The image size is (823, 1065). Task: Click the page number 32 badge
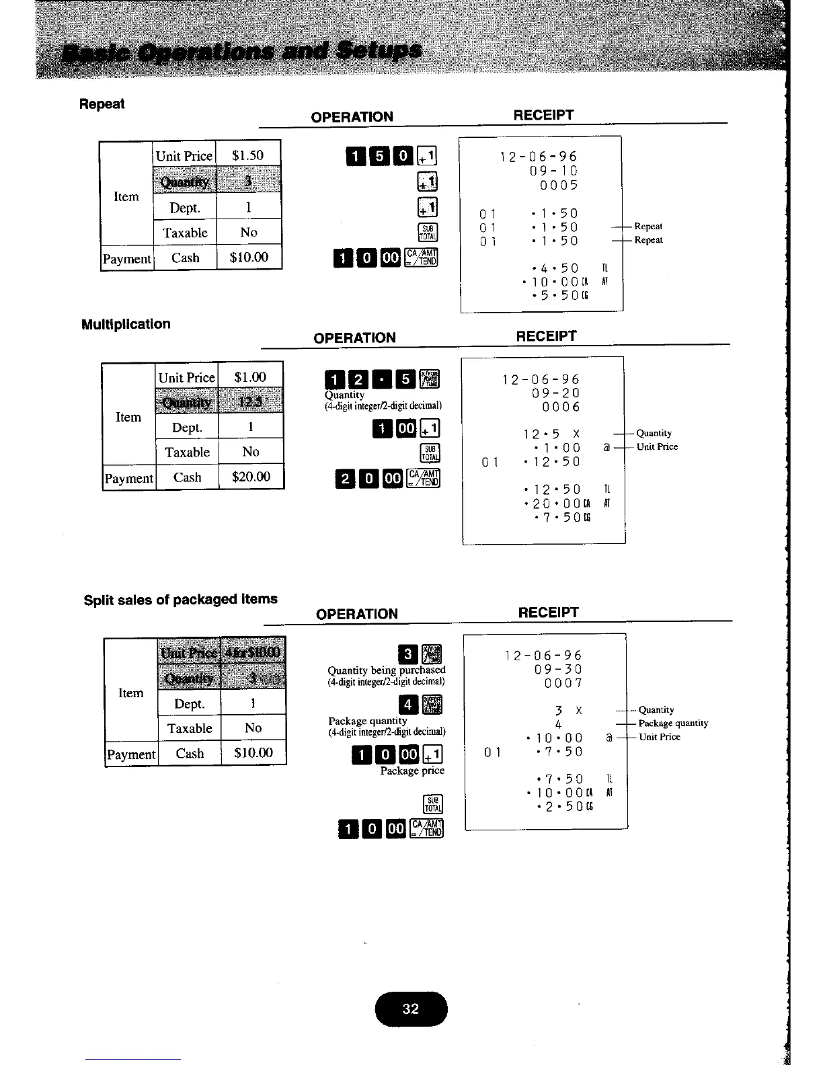(x=411, y=1009)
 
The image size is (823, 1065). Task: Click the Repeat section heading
(x=102, y=104)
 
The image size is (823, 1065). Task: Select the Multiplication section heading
(x=126, y=324)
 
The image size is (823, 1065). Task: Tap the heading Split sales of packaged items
(x=180, y=599)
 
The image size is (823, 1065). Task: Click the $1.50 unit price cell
(x=247, y=155)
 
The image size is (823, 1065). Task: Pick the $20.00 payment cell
(x=251, y=477)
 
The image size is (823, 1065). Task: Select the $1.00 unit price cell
(x=250, y=377)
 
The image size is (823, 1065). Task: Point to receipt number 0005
(x=558, y=186)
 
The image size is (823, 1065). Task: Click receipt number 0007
(x=563, y=684)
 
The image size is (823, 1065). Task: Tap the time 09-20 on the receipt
(x=555, y=393)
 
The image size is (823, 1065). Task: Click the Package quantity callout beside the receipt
(x=673, y=723)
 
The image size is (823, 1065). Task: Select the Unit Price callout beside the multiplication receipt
(x=657, y=447)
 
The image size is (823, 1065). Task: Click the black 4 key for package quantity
(x=407, y=705)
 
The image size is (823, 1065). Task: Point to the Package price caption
(x=412, y=771)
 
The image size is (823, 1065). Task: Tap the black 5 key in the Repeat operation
(x=379, y=157)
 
